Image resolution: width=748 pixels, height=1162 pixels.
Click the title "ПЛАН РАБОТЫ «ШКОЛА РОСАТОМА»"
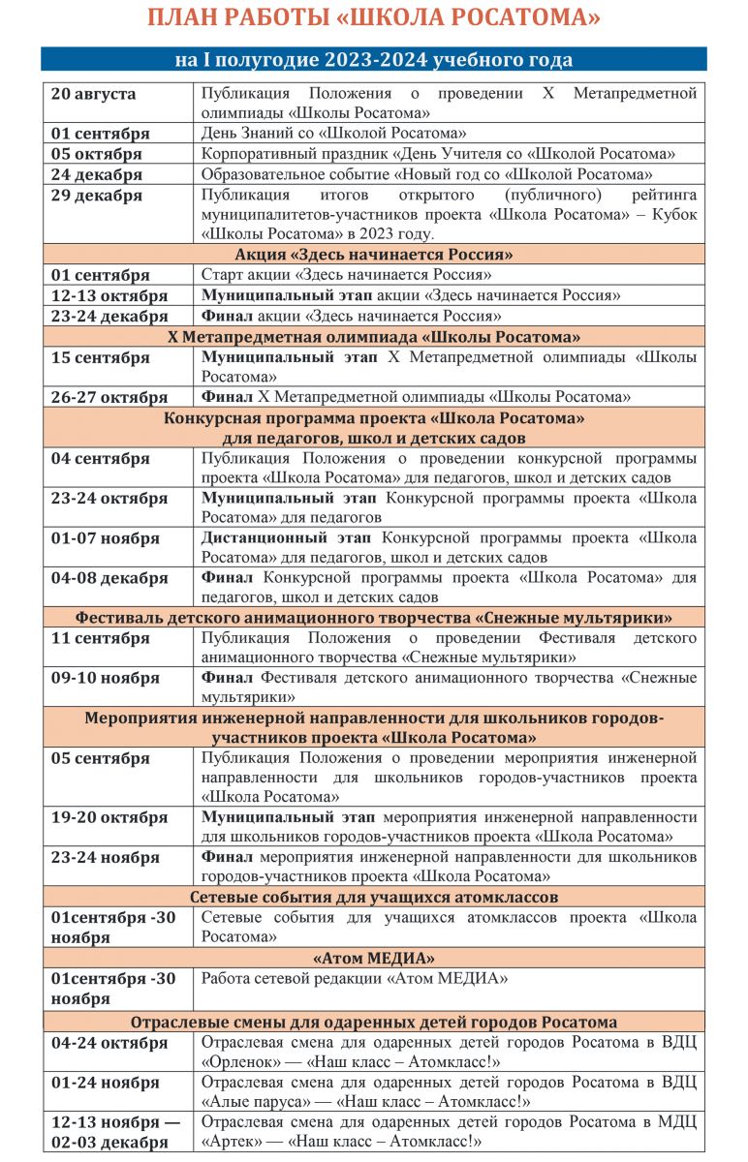tap(373, 18)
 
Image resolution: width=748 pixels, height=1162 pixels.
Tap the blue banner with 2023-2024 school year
tap(373, 60)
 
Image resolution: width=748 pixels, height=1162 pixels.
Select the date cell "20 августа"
tap(94, 94)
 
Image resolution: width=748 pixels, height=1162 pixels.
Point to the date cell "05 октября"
tap(97, 154)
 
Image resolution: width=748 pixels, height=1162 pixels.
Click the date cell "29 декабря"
tap(97, 196)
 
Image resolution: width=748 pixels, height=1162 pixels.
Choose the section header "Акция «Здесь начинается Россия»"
tap(373, 255)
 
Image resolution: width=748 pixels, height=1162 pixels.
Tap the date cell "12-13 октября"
tap(109, 295)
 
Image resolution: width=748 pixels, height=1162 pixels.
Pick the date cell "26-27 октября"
tap(109, 397)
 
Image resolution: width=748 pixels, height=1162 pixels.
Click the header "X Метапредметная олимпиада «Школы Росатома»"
tap(373, 337)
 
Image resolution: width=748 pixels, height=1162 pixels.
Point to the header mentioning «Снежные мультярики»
tap(373, 618)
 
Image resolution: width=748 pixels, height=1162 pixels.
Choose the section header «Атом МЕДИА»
tap(373, 958)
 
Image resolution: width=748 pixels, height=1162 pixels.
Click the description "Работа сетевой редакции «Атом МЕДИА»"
tap(355, 978)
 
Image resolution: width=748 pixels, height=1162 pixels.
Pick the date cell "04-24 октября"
tap(109, 1043)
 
